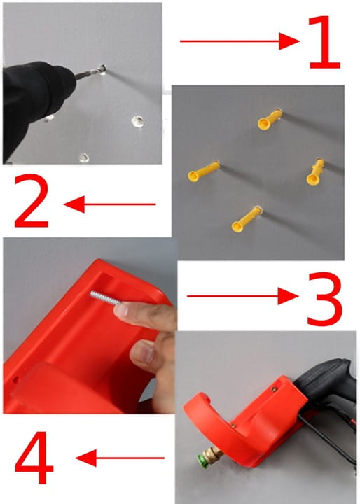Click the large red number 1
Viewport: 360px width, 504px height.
[325, 42]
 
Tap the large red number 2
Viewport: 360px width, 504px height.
[32, 201]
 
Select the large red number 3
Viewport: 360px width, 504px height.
[325, 299]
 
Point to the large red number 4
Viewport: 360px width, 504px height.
[34, 457]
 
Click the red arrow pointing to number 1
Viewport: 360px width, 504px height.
[240, 41]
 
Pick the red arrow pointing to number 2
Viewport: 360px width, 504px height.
[110, 204]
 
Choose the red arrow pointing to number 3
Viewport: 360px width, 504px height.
[242, 296]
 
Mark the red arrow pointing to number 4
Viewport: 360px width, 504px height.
[120, 458]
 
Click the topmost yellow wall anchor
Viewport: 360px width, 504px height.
[270, 119]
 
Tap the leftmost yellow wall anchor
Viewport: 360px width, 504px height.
[203, 171]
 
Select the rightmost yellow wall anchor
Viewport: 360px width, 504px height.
[315, 172]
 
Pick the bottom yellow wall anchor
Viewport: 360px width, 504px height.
[247, 219]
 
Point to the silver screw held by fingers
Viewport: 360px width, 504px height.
[104, 298]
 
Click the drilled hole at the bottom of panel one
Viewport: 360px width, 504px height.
[83, 157]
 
